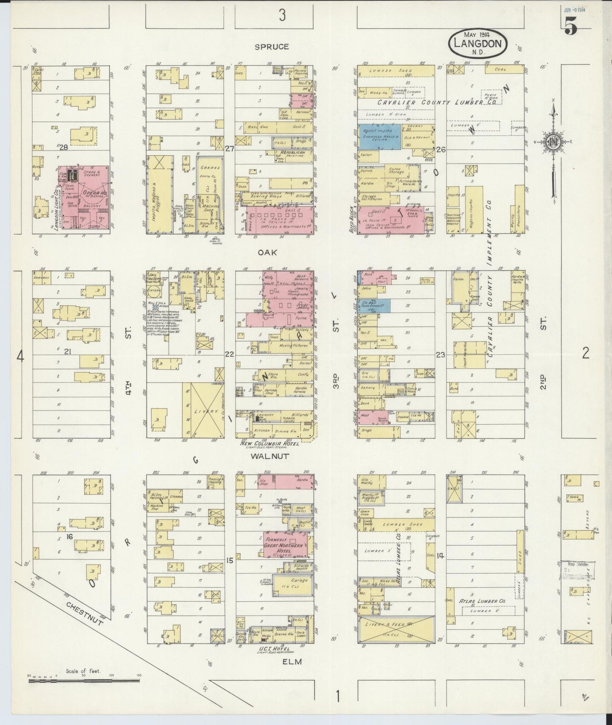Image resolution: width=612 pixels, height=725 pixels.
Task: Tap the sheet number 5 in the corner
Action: tap(570, 27)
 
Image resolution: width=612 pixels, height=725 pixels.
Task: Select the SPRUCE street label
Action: tap(271, 47)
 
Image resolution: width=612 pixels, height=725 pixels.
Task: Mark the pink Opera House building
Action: tap(85, 197)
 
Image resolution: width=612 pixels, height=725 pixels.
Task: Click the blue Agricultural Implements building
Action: tap(379, 136)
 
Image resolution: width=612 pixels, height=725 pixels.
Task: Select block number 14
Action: tap(440, 556)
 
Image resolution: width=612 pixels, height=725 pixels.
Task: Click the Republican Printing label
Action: tap(287, 153)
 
